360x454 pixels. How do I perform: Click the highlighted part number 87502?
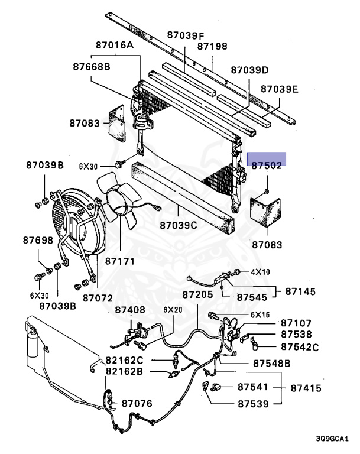[x=266, y=166]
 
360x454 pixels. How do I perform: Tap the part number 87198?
[x=212, y=46]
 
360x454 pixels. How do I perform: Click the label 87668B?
[x=92, y=67]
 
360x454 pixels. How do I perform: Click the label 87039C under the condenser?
[x=178, y=225]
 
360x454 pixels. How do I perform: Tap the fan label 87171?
[x=121, y=261]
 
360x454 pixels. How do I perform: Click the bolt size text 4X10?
[x=260, y=272]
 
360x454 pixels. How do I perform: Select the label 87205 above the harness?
[x=197, y=294]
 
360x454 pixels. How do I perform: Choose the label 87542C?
[x=300, y=347]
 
